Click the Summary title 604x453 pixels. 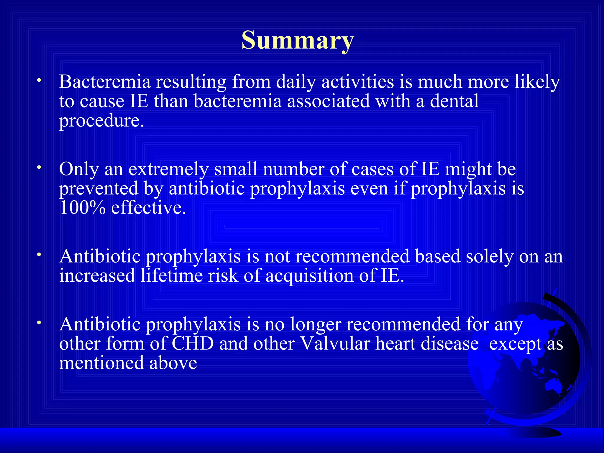point(297,40)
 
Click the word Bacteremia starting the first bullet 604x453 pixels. point(105,82)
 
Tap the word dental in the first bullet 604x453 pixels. point(454,101)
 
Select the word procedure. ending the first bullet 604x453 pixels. point(101,121)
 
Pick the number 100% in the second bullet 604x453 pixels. point(82,208)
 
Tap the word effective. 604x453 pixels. point(149,208)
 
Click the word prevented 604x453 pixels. point(99,189)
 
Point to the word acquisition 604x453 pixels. point(309,276)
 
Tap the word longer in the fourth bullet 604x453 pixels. point(316,325)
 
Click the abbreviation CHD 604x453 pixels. point(192,344)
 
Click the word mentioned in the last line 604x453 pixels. point(101,363)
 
